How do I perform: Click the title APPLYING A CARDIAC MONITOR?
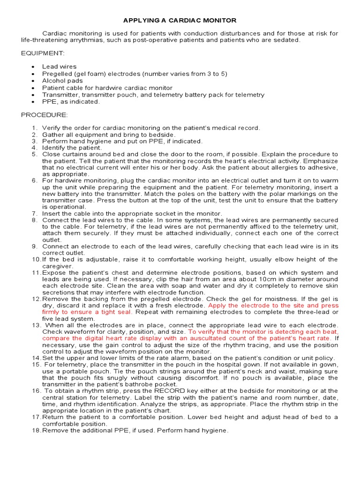[x=180, y=21]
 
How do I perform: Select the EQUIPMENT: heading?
[x=41, y=53]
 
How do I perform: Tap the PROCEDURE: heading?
[x=44, y=115]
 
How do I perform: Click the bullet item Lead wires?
[x=59, y=67]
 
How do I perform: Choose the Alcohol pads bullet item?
[x=62, y=81]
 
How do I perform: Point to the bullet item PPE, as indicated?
[x=71, y=102]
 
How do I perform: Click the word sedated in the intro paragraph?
[x=287, y=40]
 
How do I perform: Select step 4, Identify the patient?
[x=72, y=148]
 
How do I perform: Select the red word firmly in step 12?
[x=52, y=312]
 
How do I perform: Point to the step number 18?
[x=37, y=430]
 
